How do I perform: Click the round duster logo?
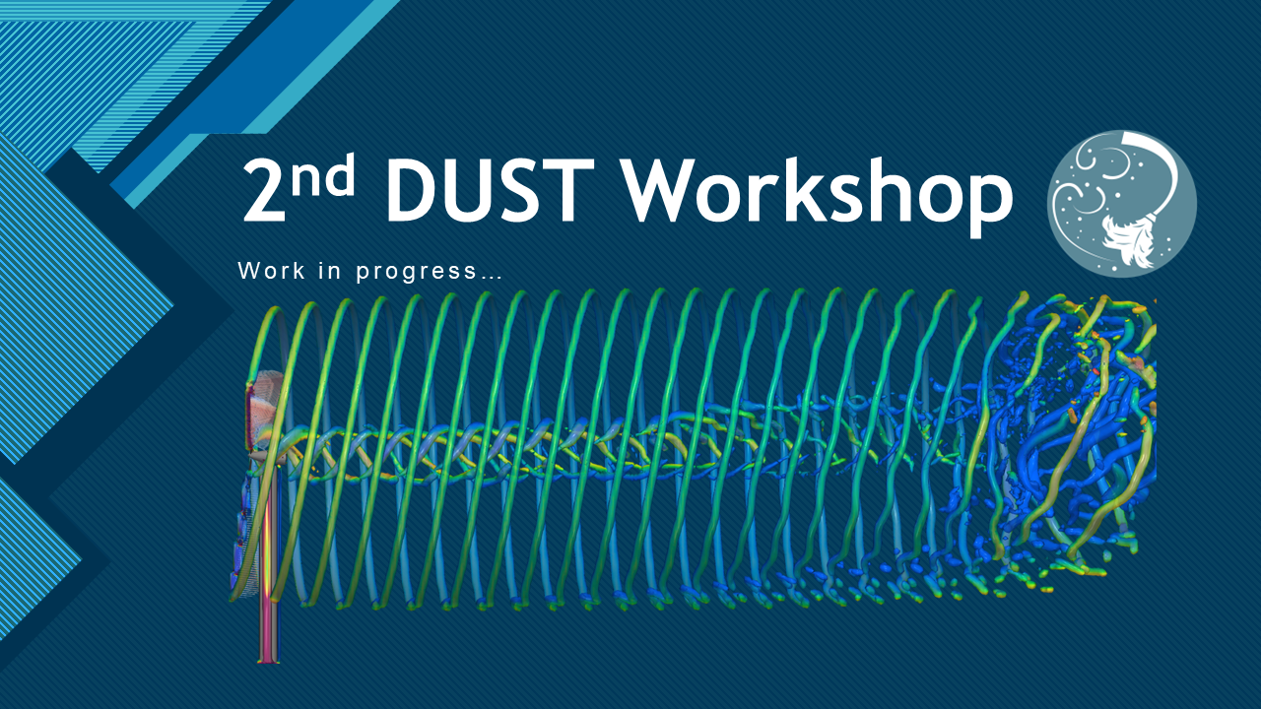1122,204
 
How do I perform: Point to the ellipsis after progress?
491,277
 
